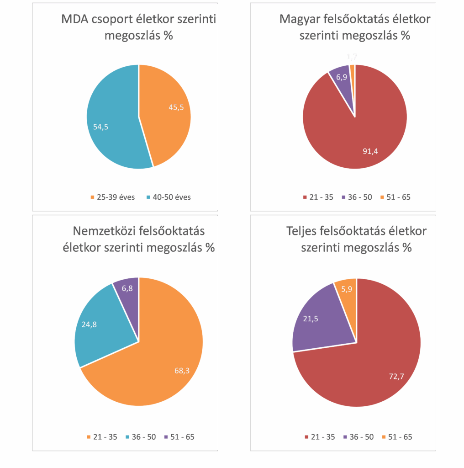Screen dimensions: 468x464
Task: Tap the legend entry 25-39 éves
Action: (112, 197)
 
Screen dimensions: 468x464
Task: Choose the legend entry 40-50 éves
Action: (169, 197)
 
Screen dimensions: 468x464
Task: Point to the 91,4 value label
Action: (370, 150)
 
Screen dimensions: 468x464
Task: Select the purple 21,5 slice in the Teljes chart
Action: (320, 320)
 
